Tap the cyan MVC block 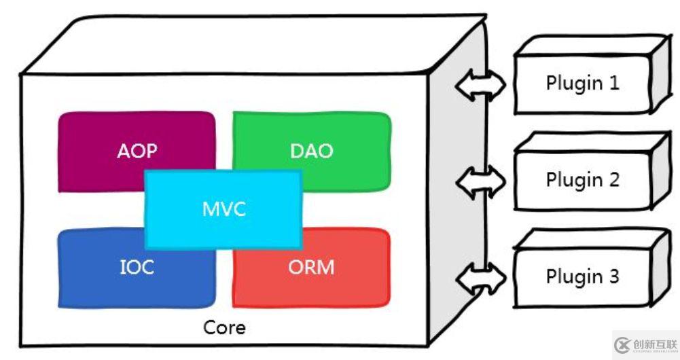pyautogui.click(x=223, y=209)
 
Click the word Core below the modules pyautogui.click(x=224, y=328)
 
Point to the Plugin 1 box pyautogui.click(x=582, y=84)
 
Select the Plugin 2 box pyautogui.click(x=582, y=180)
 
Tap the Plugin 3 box pyautogui.click(x=582, y=277)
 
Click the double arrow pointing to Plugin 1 pyautogui.click(x=481, y=84)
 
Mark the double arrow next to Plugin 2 pyautogui.click(x=481, y=181)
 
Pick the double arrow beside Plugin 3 pyautogui.click(x=481, y=278)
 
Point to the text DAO pyautogui.click(x=312, y=151)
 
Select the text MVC pyautogui.click(x=223, y=209)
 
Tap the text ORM pyautogui.click(x=311, y=267)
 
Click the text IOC pyautogui.click(x=137, y=267)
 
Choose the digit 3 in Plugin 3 pyautogui.click(x=613, y=277)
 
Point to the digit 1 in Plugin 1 pyautogui.click(x=613, y=84)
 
